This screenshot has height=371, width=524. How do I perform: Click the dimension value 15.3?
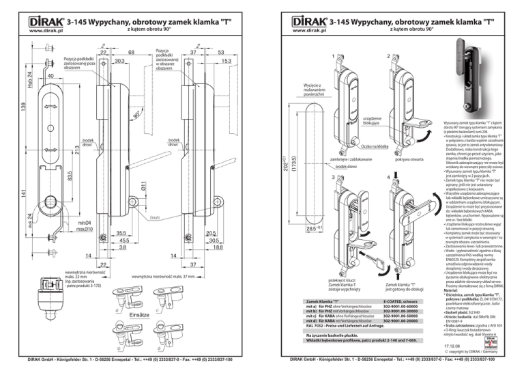pos(226,61)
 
